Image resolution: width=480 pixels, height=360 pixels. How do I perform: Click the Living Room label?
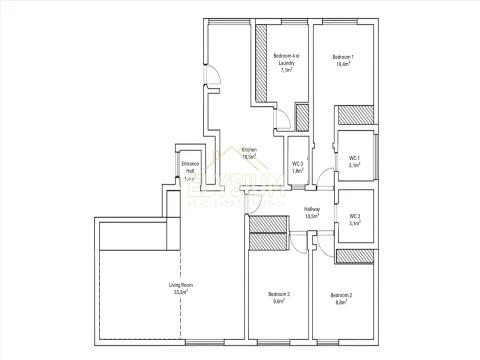pos(180,286)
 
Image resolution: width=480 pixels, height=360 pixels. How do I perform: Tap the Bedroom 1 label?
pos(344,60)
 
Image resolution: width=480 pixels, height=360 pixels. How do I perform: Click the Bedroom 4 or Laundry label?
pos(285,62)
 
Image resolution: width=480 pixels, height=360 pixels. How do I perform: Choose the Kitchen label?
pos(250,150)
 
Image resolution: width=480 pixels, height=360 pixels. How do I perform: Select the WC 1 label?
pos(354,158)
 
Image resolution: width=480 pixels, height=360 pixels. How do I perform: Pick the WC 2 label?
pos(354,217)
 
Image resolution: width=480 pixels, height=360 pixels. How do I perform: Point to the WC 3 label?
pos(297,164)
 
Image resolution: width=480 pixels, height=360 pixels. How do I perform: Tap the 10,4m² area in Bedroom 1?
pos(344,66)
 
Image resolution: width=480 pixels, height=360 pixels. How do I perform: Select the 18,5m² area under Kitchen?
pos(250,156)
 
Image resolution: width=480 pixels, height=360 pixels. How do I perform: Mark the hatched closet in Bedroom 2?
pos(354,256)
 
